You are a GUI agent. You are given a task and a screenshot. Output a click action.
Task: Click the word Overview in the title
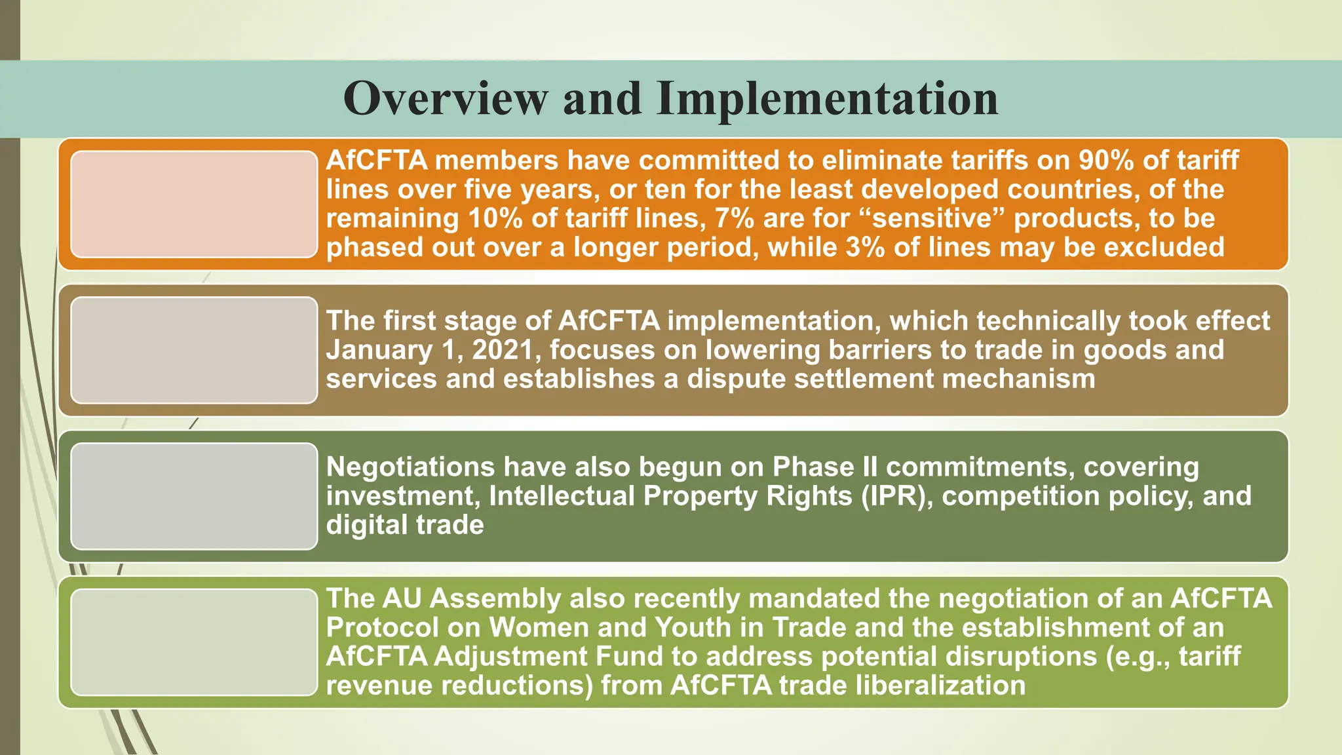coord(446,98)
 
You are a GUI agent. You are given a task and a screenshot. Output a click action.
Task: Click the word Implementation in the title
coord(828,98)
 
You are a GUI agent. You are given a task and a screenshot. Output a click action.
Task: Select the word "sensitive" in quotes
coord(933,218)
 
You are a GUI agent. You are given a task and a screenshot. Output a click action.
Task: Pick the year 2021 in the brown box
coord(502,350)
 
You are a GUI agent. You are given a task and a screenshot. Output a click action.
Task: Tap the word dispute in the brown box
coord(736,379)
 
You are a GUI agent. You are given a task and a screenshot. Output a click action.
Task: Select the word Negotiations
coord(410,467)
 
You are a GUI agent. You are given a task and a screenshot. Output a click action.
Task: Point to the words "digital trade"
coord(405,525)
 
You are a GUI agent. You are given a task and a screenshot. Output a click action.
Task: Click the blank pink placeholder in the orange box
coord(194,204)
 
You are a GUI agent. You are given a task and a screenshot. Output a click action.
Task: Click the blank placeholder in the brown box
coord(194,350)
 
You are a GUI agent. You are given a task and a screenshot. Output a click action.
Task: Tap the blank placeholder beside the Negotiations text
coord(194,496)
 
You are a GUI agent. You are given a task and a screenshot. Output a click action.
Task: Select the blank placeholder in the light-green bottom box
coord(194,642)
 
